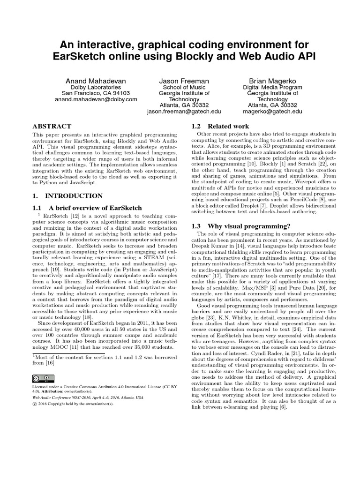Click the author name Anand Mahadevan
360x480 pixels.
[96, 81]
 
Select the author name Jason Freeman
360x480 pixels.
[184, 81]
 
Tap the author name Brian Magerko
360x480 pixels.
[273, 81]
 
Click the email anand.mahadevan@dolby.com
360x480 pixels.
[96, 99]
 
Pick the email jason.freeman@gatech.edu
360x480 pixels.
[184, 112]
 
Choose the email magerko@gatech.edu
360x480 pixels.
[273, 112]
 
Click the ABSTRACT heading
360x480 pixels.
[52, 127]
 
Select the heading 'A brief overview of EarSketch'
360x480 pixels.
[87, 208]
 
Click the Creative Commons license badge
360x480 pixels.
[43, 378]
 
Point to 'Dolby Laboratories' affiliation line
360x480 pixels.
[96, 87]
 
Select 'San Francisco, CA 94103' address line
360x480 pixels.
[96, 93]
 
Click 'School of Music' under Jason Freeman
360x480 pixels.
[184, 87]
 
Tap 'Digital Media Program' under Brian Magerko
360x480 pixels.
[273, 87]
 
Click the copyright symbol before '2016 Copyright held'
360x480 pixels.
[34, 403]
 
